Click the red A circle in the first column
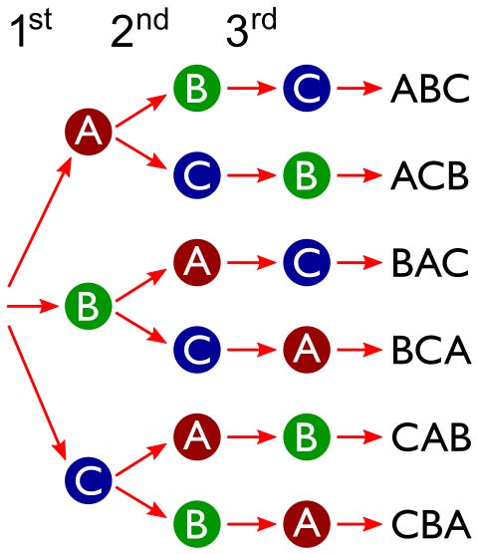[86, 131]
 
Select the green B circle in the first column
[86, 305]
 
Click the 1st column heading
[31, 32]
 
